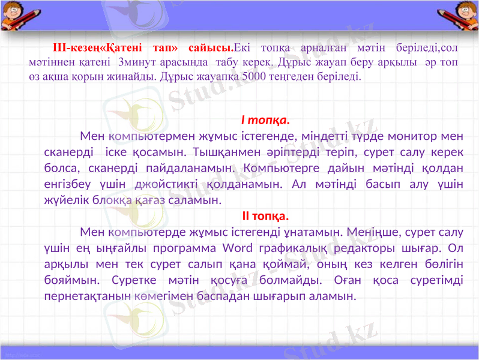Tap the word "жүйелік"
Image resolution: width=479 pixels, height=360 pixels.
pyautogui.click(x=65, y=200)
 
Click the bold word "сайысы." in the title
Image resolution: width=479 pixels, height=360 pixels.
pyautogui.click(x=210, y=47)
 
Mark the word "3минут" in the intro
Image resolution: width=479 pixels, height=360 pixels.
pyautogui.click(x=136, y=62)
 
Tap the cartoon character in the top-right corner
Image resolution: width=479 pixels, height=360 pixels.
pyautogui.click(x=465, y=15)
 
